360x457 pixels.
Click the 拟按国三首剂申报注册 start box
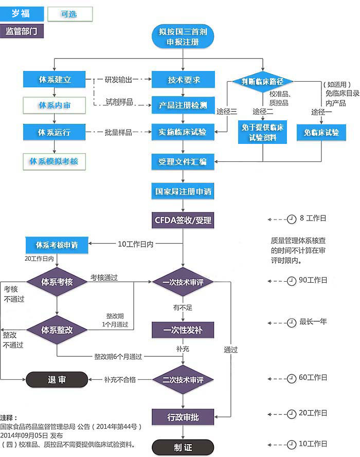coord(183,37)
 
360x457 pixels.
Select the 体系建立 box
coord(54,80)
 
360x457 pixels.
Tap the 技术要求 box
coord(183,80)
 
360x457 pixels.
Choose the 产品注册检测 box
coord(183,105)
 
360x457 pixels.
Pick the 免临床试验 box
coord(321,132)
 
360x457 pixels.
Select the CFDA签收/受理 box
coord(183,221)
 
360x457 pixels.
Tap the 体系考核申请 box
coord(57,245)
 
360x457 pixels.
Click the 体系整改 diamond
coord(57,330)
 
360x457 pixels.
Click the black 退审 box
coord(57,380)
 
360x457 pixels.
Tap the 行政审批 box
coord(183,417)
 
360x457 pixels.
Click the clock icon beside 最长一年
coord(292,322)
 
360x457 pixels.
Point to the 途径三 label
coord(227,112)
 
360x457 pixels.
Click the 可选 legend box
coord(69,14)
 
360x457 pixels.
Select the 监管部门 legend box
coord(22,31)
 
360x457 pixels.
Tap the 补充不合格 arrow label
coord(120,380)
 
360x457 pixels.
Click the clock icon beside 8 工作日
coord(292,218)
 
